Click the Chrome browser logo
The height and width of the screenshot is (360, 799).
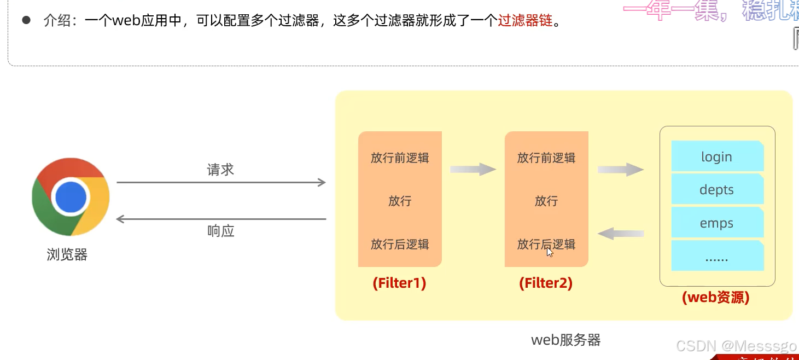pos(71,197)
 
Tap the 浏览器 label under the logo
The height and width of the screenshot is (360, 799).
pos(67,255)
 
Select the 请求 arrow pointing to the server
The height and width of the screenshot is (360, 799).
pos(221,183)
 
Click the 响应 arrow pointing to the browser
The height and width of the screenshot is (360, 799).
pos(221,219)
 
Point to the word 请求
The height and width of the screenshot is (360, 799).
pos(220,170)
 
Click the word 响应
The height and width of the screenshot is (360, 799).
pos(221,231)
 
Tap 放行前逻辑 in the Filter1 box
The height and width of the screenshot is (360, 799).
pos(400,158)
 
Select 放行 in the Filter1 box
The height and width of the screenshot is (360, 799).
pos(400,201)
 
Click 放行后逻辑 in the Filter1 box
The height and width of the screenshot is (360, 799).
pos(400,244)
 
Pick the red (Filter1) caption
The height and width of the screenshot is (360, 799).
pos(399,283)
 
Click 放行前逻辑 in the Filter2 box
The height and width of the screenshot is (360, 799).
pos(546,158)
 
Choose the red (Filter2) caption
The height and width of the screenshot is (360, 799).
pos(546,283)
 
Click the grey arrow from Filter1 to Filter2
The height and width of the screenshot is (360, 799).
pos(473,169)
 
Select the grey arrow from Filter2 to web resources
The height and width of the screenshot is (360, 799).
pos(620,169)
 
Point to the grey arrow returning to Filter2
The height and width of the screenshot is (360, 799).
pos(620,234)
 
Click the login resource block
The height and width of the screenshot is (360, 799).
pos(717,156)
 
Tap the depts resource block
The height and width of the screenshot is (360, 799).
pos(717,190)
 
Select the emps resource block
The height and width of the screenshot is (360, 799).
pos(717,223)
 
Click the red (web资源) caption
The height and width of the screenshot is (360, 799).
pos(715,298)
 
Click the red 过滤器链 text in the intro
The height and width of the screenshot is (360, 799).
pos(526,22)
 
